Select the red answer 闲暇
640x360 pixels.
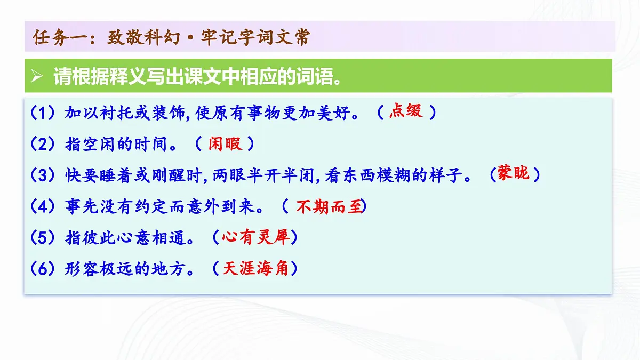point(225,143)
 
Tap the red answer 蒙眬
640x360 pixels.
point(514,173)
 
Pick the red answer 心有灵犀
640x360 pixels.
point(255,237)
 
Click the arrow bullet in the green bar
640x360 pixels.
point(36,77)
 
